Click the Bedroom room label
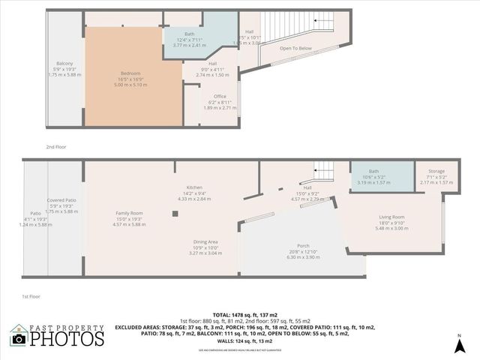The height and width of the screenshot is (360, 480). point(130,73)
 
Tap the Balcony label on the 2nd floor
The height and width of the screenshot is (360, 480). point(64,63)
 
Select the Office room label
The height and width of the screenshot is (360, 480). point(219,96)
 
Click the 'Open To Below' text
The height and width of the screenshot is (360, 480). point(295,48)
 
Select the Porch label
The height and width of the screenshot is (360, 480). point(304,245)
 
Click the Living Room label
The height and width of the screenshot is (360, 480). point(391,217)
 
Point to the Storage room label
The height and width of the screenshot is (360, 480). point(436,172)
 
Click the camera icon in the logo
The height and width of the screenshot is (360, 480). point(19,338)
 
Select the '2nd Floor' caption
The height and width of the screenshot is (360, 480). point(56,147)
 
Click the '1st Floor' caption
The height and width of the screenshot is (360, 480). point(31,297)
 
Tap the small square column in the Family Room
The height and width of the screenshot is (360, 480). point(174,213)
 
